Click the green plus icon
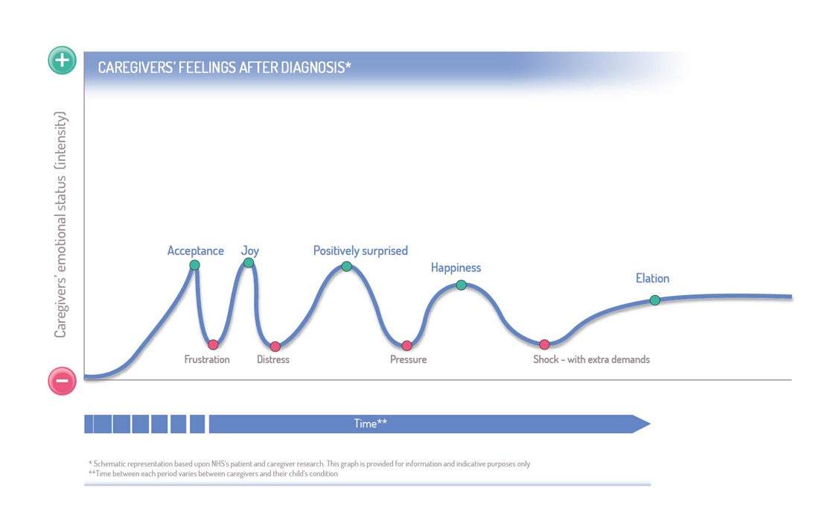click(x=62, y=60)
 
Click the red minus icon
click(x=62, y=381)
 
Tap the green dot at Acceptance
click(x=195, y=265)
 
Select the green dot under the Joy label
click(x=249, y=262)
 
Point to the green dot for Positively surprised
click(x=346, y=267)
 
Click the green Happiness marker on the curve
click(x=461, y=285)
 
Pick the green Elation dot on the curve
click(x=655, y=300)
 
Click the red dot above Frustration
click(x=213, y=344)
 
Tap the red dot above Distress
click(x=275, y=346)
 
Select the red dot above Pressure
click(x=407, y=346)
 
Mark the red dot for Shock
click(x=544, y=344)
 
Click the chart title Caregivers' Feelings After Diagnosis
click(x=225, y=67)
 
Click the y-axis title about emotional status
click(x=60, y=225)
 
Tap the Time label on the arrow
click(x=370, y=423)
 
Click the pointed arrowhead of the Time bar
click(x=650, y=424)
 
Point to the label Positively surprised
click(x=360, y=251)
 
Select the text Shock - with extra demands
click(x=591, y=360)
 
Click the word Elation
click(x=652, y=278)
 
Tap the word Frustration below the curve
click(x=207, y=360)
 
